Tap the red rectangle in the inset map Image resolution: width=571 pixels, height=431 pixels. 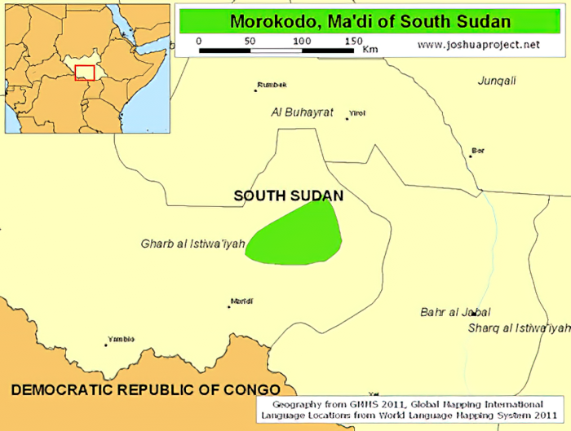pyautogui.click(x=84, y=73)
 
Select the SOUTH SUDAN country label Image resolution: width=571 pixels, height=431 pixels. pyautogui.click(x=288, y=196)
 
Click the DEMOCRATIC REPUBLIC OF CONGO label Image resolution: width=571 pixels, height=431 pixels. pyautogui.click(x=145, y=389)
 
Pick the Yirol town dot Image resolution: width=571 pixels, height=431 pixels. pyautogui.click(x=347, y=119)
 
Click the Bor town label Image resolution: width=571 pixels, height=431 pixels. pyautogui.click(x=478, y=150)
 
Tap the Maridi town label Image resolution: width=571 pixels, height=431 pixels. pyautogui.click(x=241, y=301)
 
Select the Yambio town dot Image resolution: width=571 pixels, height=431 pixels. pyautogui.click(x=105, y=345)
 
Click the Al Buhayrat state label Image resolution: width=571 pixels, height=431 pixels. pyautogui.click(x=303, y=112)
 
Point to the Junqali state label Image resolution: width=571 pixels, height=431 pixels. pyautogui.click(x=497, y=81)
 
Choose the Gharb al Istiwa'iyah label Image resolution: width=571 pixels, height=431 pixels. pyautogui.click(x=193, y=244)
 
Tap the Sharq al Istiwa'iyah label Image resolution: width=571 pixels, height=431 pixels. pyautogui.click(x=519, y=328)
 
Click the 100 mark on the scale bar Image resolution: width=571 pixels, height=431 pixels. pyautogui.click(x=302, y=41)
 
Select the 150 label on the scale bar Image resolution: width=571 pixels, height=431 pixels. pyautogui.click(x=352, y=41)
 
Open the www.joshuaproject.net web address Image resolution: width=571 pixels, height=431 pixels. pyautogui.click(x=478, y=44)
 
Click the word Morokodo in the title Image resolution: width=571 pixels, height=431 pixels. pyautogui.click(x=269, y=21)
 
